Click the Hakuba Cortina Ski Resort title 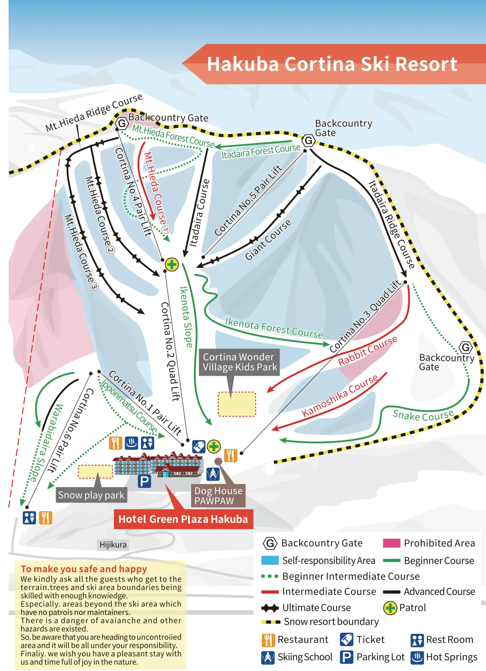[332, 64]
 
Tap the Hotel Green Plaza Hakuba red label [183, 519]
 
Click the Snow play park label [91, 495]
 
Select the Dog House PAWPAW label [218, 496]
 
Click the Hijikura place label [113, 545]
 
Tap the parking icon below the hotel [144, 481]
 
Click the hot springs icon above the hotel [131, 443]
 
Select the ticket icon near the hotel [199, 446]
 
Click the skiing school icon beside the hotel [213, 474]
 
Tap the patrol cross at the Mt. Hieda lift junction [172, 264]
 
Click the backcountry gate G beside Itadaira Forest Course [309, 140]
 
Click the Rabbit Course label [368, 351]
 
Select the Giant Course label [268, 240]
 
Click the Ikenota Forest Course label [274, 328]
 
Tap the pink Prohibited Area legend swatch [391, 543]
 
